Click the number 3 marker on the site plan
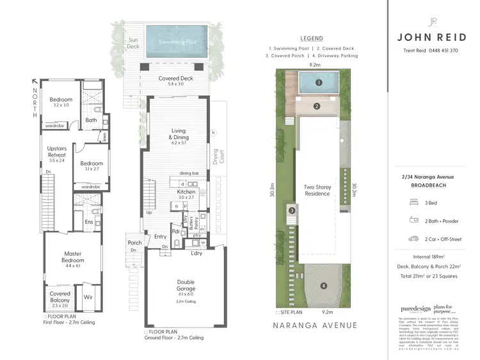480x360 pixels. click(x=291, y=210)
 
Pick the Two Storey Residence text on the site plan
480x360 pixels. click(x=317, y=191)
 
